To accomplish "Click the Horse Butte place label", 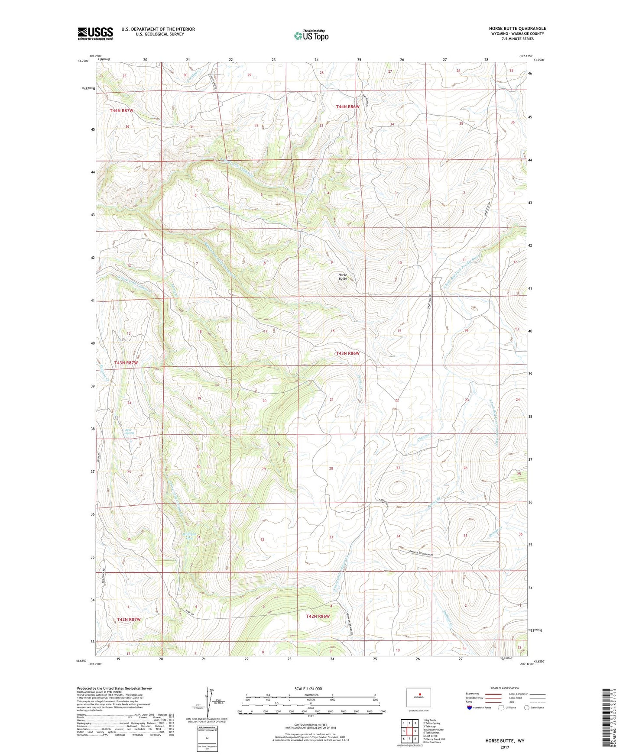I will click(x=343, y=277).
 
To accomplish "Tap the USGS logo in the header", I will click(x=95, y=33).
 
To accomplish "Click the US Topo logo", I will click(x=311, y=36).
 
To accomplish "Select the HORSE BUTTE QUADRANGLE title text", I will click(x=517, y=29).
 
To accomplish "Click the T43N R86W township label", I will click(x=348, y=353).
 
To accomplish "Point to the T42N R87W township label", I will click(x=129, y=620).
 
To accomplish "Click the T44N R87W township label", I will click(x=121, y=110).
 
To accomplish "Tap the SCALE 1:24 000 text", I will click(x=308, y=688).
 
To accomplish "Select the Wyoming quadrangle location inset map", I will click(x=418, y=698).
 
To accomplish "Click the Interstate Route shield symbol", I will click(x=470, y=708).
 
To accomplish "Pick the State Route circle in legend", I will click(x=526, y=708).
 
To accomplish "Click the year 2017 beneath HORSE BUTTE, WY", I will click(x=505, y=747).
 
